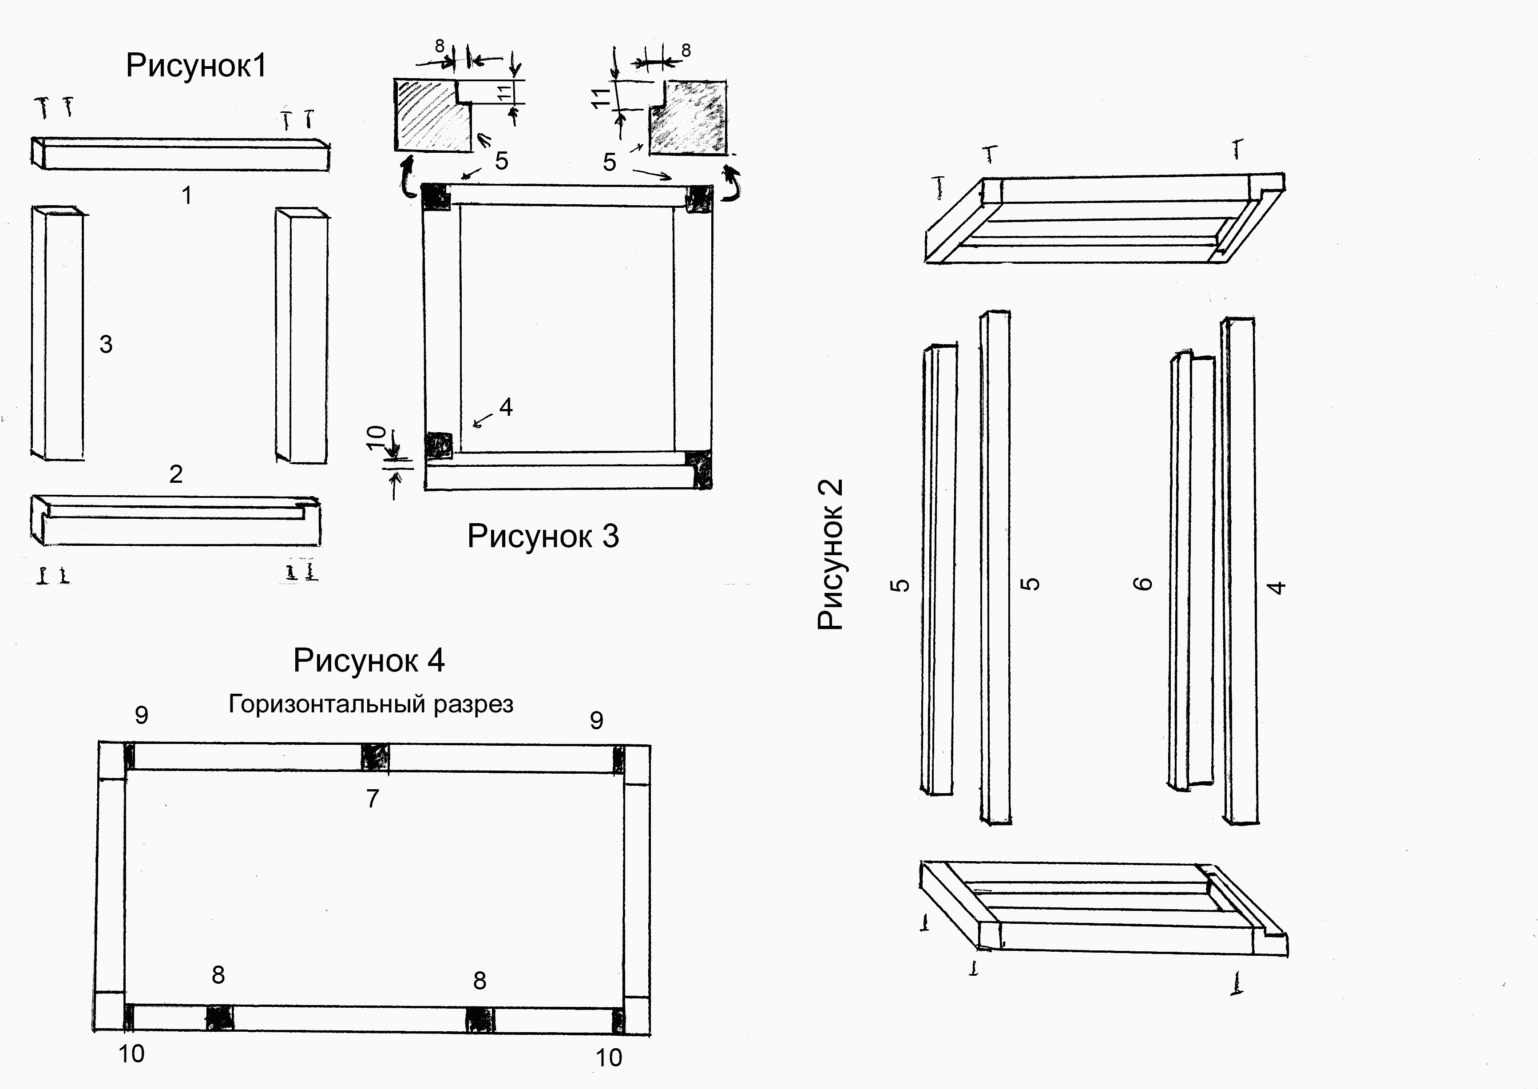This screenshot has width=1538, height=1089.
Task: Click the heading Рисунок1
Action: pos(196,66)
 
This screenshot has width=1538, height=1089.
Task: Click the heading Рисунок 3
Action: pos(543,537)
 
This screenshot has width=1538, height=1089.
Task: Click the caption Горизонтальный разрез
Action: pos(371,704)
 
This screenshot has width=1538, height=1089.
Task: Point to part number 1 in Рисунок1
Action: pos(187,196)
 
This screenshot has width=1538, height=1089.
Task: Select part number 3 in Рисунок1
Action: pos(106,345)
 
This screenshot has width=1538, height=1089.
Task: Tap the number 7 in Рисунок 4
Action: pos(373,799)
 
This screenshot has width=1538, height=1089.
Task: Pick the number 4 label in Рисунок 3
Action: pos(506,407)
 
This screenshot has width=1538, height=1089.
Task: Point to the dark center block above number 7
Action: pos(374,757)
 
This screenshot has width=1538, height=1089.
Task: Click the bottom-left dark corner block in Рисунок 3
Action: pos(439,444)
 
